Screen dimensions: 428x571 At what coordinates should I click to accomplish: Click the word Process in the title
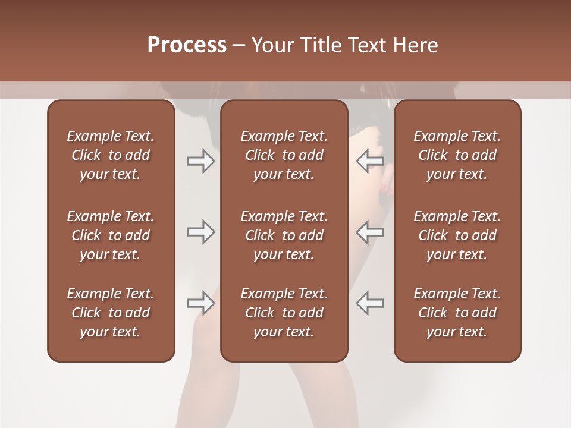(x=187, y=45)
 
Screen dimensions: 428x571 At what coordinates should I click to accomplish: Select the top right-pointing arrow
(x=200, y=161)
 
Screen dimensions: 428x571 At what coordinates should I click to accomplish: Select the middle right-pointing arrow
(x=200, y=232)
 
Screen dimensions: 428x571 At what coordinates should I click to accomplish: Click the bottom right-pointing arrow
(x=200, y=303)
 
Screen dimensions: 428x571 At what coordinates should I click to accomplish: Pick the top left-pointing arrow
(x=370, y=161)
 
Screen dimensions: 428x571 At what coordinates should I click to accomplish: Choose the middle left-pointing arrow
(x=370, y=232)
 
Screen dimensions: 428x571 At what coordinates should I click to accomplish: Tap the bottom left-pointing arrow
(x=370, y=303)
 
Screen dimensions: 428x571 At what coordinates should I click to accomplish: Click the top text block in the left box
(x=111, y=155)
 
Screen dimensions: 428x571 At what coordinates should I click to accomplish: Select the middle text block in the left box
(x=111, y=235)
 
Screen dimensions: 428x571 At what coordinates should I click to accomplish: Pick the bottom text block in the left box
(x=111, y=313)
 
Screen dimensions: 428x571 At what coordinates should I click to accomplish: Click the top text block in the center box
(x=284, y=155)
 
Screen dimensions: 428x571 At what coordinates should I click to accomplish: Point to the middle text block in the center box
(x=284, y=235)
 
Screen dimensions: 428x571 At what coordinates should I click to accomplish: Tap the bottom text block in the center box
(x=284, y=313)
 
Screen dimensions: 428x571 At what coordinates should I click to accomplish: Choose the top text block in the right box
(x=457, y=155)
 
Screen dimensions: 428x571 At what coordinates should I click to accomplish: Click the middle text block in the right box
(x=457, y=235)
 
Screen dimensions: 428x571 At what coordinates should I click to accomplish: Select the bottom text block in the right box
(x=457, y=313)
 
